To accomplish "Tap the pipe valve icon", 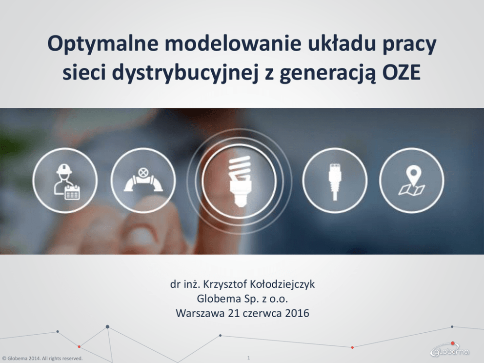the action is (x=143, y=181).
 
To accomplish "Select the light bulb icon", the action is (x=240, y=181).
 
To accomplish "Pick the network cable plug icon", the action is (x=335, y=181).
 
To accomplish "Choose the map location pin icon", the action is (x=412, y=181).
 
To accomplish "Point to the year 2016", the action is (x=297, y=313).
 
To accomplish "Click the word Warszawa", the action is (x=201, y=313).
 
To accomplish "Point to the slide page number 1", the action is (x=248, y=358).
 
